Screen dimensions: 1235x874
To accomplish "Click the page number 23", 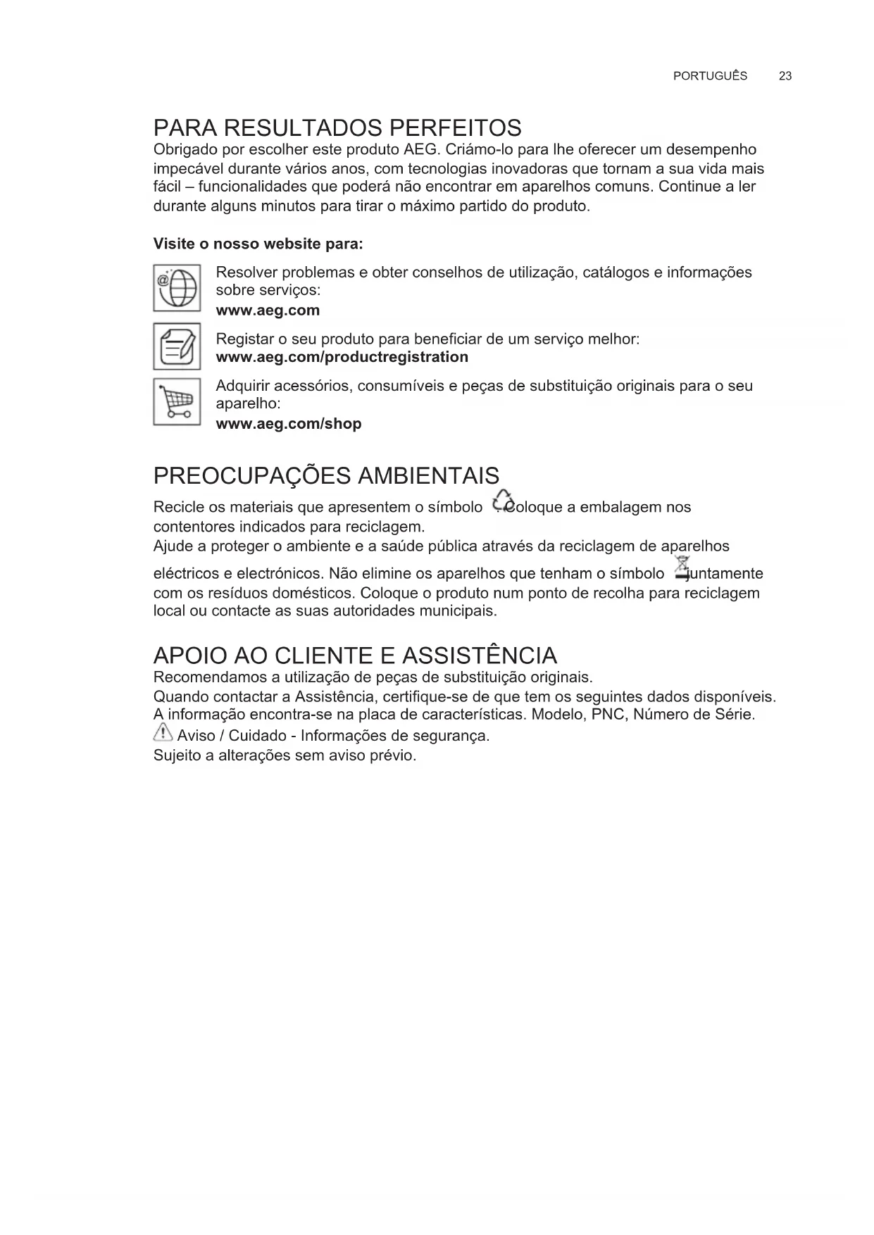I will tap(785, 76).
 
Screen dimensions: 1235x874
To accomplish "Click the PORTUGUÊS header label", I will tap(710, 76).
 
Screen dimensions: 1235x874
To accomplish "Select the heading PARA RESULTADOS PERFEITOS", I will tap(337, 128).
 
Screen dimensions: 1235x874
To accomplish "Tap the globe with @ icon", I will tap(177, 287).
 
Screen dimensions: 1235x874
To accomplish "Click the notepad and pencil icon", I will tap(177, 346).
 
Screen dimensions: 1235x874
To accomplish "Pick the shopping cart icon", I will tap(177, 402).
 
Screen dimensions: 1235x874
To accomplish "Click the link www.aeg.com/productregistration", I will tap(342, 357).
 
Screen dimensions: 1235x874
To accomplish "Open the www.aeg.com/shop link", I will tap(288, 424).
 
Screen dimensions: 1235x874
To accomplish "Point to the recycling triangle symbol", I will tap(502, 500).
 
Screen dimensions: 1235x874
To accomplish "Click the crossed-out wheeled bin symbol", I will tap(681, 568).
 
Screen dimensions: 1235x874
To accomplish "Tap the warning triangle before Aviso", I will tap(163, 734).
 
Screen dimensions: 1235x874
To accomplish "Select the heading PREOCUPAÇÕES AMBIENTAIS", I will tap(326, 476).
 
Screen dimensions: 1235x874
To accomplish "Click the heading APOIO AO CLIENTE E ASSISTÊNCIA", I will tap(355, 656).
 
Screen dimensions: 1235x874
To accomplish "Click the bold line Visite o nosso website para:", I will tap(258, 244).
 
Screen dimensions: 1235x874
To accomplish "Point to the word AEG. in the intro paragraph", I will tap(422, 150).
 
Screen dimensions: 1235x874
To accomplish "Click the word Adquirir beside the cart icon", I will tap(242, 386).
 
